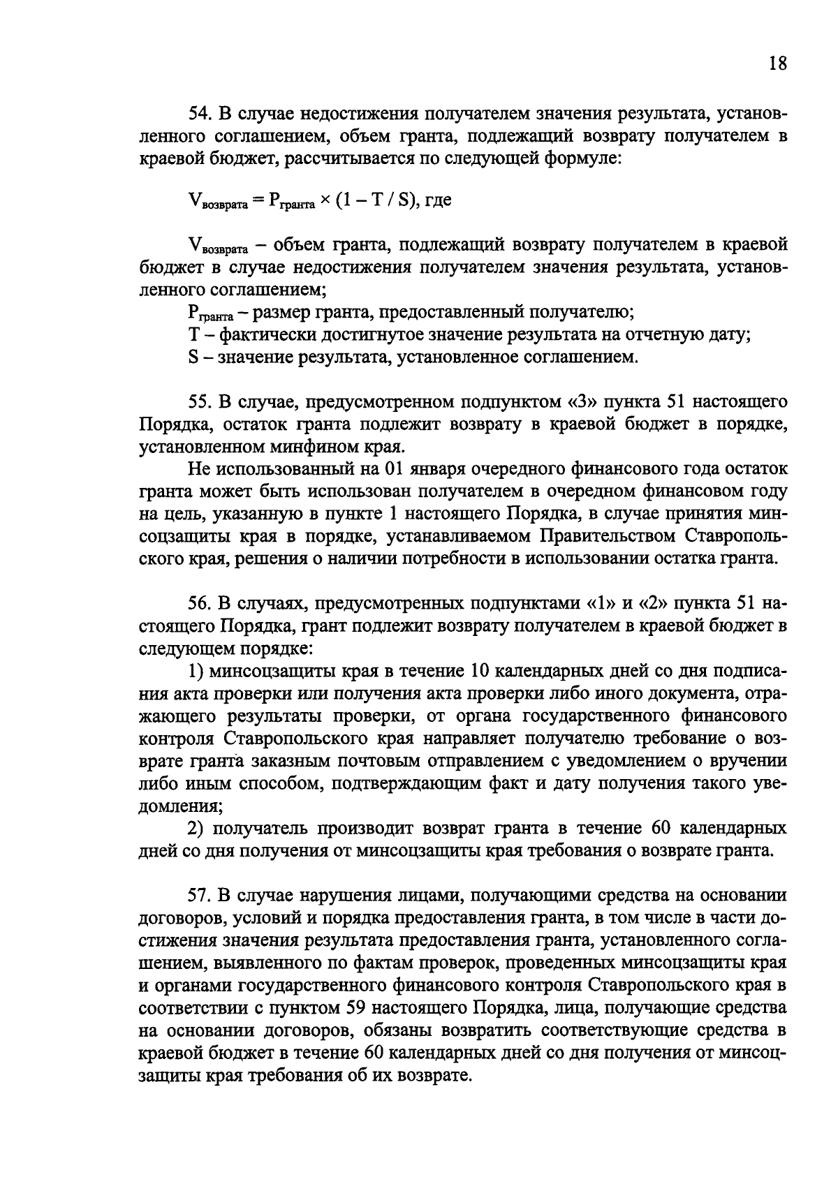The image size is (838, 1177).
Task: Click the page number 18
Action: (x=777, y=64)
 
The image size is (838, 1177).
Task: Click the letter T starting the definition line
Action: (x=194, y=335)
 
